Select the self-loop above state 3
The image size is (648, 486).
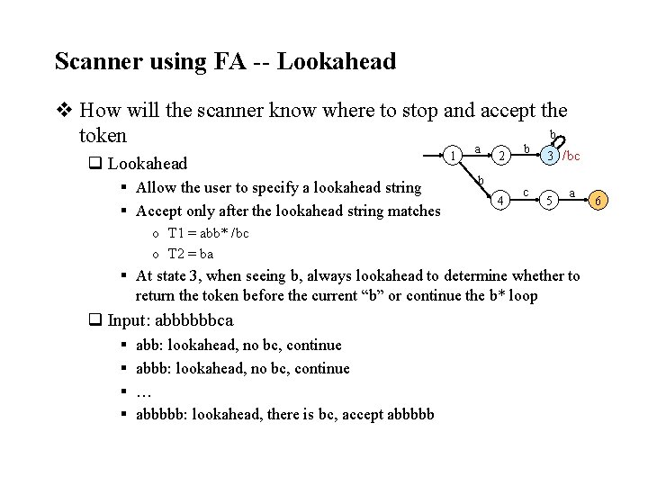(x=557, y=140)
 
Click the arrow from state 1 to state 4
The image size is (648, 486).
(x=479, y=180)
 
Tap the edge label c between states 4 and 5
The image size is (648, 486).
(x=526, y=191)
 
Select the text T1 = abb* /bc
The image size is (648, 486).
(x=208, y=234)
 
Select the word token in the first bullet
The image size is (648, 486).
(x=103, y=136)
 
